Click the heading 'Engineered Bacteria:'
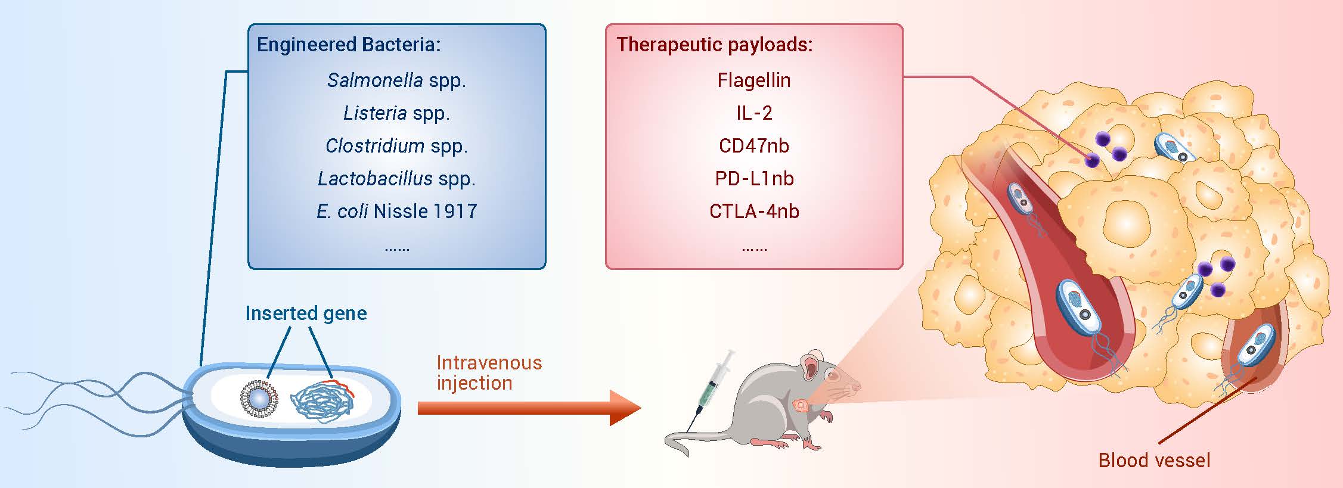(349, 45)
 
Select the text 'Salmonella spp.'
(396, 80)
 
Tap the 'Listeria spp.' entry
(396, 113)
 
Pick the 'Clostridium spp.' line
(396, 146)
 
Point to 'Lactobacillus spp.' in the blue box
(396, 179)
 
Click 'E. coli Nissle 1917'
(396, 211)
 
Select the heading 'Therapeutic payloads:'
(714, 45)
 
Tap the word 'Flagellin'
(754, 80)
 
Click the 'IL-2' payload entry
(754, 113)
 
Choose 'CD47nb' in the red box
(754, 146)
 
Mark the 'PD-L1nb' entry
(754, 179)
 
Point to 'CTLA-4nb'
(754, 211)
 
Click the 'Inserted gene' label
(306, 313)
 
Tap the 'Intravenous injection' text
(489, 372)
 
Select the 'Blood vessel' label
(1154, 460)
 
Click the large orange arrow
(529, 408)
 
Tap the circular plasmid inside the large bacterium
(259, 398)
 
